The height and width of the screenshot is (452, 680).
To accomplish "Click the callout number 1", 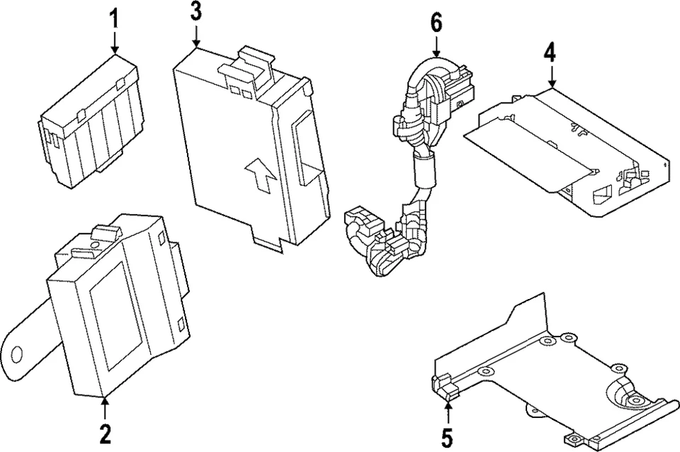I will pyautogui.click(x=114, y=19).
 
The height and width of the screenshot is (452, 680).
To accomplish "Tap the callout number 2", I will pyautogui.click(x=105, y=434).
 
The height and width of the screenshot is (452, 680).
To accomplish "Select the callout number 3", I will pyautogui.click(x=196, y=11).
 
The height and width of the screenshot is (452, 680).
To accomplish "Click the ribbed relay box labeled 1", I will pyautogui.click(x=92, y=124).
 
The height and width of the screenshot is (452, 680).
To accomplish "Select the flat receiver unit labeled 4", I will pyautogui.click(x=567, y=145).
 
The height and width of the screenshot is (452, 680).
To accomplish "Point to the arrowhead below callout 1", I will pyautogui.click(x=114, y=49).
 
